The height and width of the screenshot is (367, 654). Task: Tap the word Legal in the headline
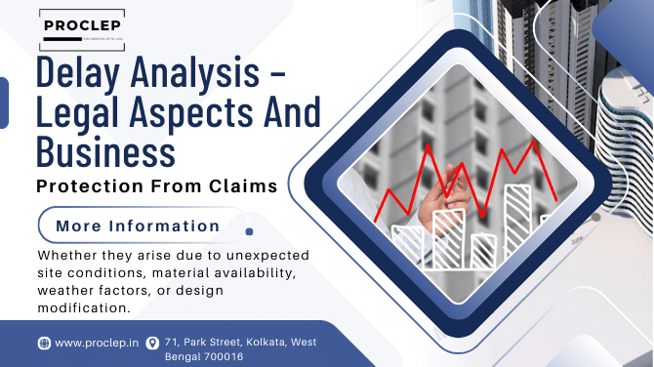click(x=84, y=113)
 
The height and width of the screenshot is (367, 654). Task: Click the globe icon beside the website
click(x=44, y=343)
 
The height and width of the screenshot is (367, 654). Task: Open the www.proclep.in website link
click(x=95, y=343)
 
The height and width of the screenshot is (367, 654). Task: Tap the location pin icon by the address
click(x=151, y=343)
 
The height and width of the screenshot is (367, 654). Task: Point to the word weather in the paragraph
click(x=66, y=290)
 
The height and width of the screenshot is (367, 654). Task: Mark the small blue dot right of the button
click(x=249, y=231)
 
